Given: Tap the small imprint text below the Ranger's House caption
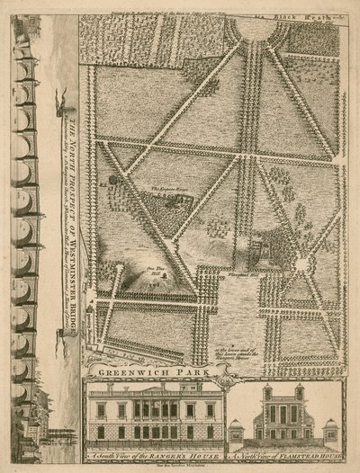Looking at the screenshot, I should pos(154,467).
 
